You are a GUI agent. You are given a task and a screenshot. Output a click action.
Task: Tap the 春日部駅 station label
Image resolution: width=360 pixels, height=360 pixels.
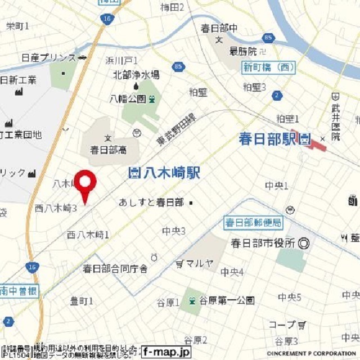pos(267,139)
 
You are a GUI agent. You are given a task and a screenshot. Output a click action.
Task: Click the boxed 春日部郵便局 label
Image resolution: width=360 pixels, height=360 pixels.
pos(253,222)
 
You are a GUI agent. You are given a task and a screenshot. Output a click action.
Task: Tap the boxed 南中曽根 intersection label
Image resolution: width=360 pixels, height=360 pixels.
pos(19,291)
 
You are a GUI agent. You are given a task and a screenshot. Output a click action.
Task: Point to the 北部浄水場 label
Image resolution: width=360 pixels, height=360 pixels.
pos(136,74)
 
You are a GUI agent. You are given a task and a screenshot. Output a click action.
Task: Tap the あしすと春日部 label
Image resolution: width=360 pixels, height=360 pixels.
pos(151,202)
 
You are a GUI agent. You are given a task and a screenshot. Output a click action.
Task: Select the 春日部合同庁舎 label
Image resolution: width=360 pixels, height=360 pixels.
pos(115,269)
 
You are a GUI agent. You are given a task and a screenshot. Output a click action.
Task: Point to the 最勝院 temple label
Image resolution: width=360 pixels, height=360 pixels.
pos(243,51)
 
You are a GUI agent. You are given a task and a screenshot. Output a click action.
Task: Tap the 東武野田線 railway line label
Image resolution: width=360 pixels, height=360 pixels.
pos(175,129)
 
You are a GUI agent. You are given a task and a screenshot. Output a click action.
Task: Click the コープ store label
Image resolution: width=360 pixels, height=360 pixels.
pos(282,325)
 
